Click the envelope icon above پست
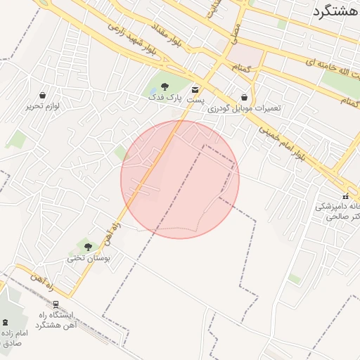(x=195, y=90)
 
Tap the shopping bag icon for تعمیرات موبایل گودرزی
(x=244, y=97)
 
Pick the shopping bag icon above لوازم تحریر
(x=43, y=95)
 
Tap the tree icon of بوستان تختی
(x=88, y=246)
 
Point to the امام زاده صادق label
(x=14, y=337)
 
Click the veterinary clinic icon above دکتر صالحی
(x=345, y=195)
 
